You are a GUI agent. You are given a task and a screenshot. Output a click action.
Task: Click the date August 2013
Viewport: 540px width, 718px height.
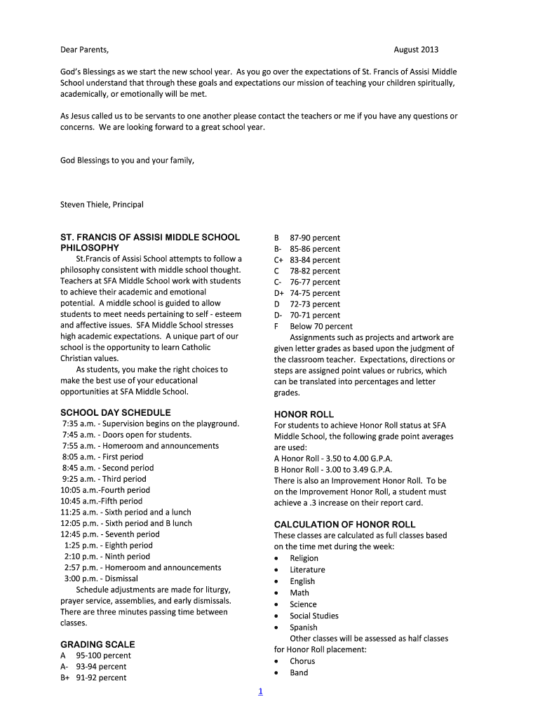coord(416,50)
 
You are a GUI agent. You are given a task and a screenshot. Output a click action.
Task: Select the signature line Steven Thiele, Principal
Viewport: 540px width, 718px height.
coord(102,205)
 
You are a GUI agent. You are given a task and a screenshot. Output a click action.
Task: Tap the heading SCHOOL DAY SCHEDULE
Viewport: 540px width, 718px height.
coord(115,412)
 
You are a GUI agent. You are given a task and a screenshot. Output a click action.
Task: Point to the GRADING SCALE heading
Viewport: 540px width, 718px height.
coord(97,644)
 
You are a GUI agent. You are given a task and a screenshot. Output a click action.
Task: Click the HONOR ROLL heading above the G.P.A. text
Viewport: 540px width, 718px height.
coord(304,414)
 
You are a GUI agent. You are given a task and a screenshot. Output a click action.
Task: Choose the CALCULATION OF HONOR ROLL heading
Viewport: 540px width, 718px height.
coord(344,524)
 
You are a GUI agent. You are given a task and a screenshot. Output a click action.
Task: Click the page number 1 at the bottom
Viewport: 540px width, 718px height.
coord(260,692)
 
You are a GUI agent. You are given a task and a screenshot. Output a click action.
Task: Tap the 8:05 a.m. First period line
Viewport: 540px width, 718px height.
coord(102,456)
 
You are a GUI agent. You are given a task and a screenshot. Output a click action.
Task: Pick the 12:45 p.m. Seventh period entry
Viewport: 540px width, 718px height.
coord(110,534)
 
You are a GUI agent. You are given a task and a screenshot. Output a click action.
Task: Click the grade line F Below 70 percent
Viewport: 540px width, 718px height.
coord(313,326)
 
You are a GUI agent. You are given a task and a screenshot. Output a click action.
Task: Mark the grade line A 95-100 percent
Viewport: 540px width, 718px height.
coord(96,656)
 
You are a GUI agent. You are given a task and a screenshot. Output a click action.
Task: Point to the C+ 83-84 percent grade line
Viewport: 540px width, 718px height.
coord(307,259)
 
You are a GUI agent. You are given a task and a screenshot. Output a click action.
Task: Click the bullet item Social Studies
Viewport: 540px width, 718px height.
coord(314,616)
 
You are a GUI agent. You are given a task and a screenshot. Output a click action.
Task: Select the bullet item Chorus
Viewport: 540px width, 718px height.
coord(302,661)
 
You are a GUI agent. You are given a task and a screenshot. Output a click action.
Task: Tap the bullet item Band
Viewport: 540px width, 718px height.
coord(299,673)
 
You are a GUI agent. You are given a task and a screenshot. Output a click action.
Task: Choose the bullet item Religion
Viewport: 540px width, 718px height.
coord(304,558)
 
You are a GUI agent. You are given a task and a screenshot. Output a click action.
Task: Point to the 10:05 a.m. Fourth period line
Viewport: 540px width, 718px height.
coord(105,490)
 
